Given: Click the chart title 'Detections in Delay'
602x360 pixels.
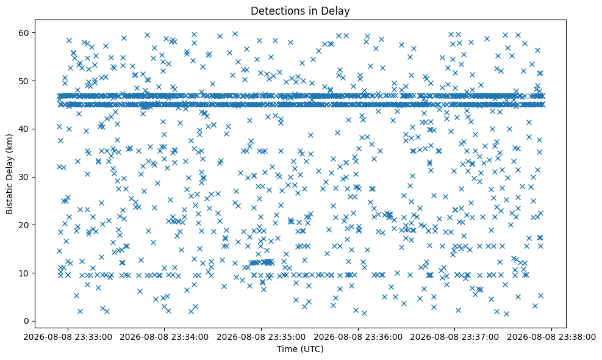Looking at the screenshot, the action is click(300, 11).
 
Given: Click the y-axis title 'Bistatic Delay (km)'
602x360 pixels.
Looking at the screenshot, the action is click(9, 174).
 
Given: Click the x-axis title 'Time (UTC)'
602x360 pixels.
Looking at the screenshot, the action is click(300, 349).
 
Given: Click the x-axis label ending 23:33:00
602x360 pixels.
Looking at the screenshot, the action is click(68, 337).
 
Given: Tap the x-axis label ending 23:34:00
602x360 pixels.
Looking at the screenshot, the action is click(165, 337).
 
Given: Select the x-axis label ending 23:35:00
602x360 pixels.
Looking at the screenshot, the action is click(262, 337).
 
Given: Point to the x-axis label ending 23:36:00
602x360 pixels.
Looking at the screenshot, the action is click(358, 337).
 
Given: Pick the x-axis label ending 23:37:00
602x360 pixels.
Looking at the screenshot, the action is click(455, 337).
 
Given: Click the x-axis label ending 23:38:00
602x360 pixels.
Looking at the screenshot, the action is click(552, 337).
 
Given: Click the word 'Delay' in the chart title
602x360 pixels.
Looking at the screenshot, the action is click(337, 12).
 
